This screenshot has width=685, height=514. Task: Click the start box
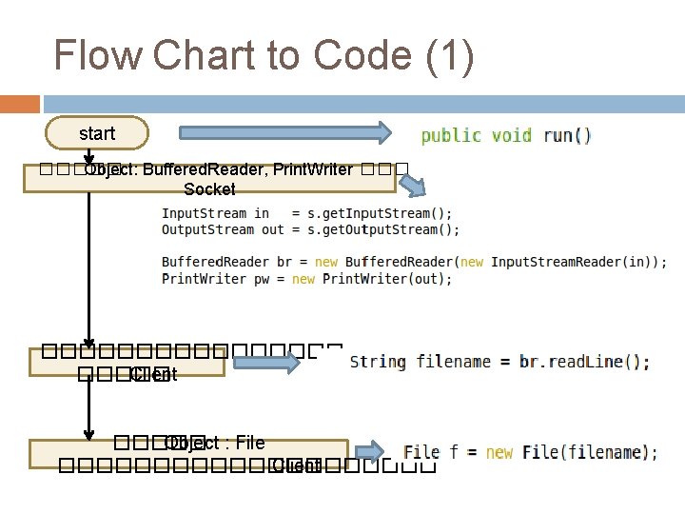click(x=97, y=134)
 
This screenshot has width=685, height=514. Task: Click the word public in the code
click(x=451, y=135)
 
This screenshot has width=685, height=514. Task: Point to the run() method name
click(x=567, y=135)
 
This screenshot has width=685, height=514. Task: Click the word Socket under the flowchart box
click(x=209, y=189)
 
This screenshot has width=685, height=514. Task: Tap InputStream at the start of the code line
click(x=204, y=213)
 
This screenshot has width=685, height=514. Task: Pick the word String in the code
click(x=378, y=362)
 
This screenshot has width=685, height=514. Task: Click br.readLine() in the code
click(x=584, y=362)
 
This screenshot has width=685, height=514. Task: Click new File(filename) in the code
click(x=570, y=452)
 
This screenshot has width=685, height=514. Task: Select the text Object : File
click(x=214, y=443)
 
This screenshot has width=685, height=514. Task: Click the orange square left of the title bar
click(x=19, y=104)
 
